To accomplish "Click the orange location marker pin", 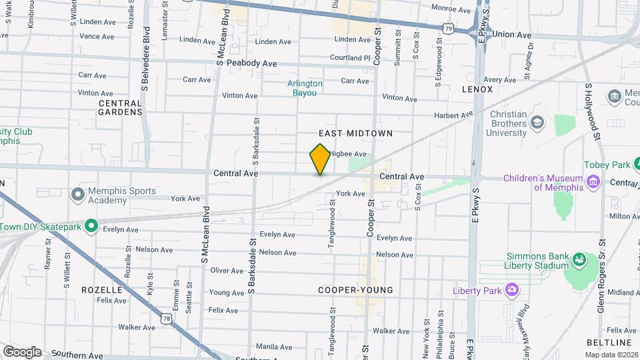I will point(320,159).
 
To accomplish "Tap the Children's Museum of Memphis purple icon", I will point(591,181).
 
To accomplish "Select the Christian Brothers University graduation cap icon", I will point(537,123).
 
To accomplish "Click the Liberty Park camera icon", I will point(511,289).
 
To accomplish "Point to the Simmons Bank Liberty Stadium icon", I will point(579,258).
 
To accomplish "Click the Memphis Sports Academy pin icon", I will point(79,195).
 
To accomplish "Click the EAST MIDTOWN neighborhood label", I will point(360,133).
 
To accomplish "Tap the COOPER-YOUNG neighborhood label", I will point(355,290).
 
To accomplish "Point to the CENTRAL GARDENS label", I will point(120,107).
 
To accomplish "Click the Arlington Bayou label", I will point(305,88).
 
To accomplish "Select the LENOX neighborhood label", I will point(477,89).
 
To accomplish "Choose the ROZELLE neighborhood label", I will point(102,290).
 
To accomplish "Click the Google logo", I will point(22,351).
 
